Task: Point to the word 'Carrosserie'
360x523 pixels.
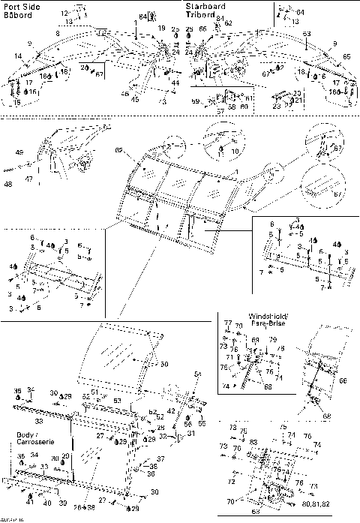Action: (x=34, y=443)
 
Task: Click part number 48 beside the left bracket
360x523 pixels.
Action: (x=7, y=183)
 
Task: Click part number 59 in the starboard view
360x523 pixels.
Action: (x=195, y=101)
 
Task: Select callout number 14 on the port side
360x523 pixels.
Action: (x=16, y=57)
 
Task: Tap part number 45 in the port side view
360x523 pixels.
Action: (x=135, y=99)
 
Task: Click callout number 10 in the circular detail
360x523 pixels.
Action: (x=235, y=151)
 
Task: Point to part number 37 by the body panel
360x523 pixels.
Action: (x=160, y=458)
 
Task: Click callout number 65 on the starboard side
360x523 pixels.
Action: (x=346, y=57)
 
